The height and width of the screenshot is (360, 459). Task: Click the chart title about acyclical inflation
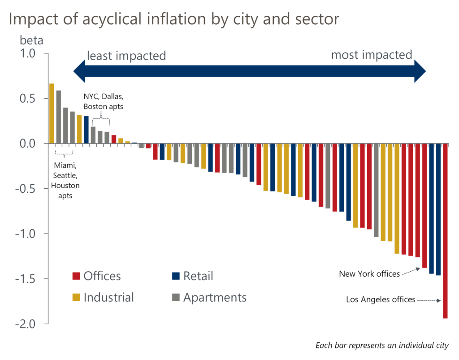click(x=173, y=20)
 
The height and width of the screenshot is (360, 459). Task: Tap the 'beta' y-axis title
click(x=31, y=40)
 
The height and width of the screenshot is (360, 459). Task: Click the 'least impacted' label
click(x=126, y=56)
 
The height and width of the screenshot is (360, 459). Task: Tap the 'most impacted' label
click(x=371, y=55)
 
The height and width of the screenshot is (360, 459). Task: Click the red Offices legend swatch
click(x=76, y=276)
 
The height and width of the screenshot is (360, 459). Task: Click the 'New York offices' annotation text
click(x=369, y=273)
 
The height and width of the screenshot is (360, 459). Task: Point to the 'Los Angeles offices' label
click(x=381, y=299)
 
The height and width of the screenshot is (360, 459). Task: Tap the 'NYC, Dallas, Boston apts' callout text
click(x=104, y=102)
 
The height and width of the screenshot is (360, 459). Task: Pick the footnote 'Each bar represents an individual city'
click(x=382, y=345)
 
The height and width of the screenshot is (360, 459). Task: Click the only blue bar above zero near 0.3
click(x=86, y=130)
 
